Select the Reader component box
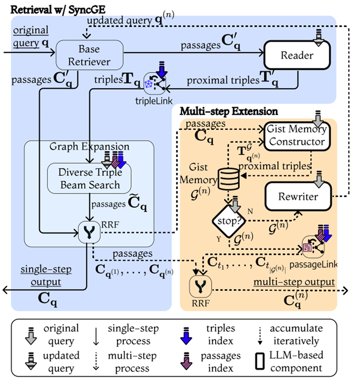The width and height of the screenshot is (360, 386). click(297, 55)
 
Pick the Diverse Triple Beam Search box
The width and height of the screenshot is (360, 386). click(89, 178)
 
